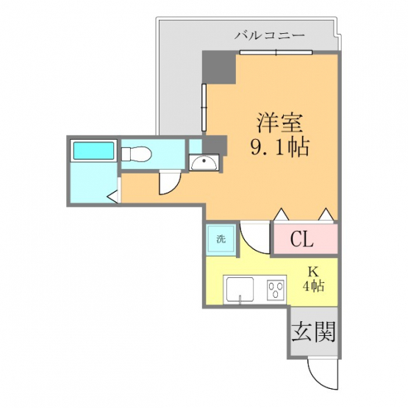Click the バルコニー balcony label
pyautogui.click(x=270, y=35)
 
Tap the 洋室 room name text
pyautogui.click(x=280, y=123)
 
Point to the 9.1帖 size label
pyautogui.click(x=280, y=147)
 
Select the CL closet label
pyautogui.click(x=302, y=239)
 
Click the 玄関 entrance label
pyautogui.click(x=313, y=332)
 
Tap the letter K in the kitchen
pyautogui.click(x=313, y=272)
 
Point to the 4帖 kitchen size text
pyautogui.click(x=313, y=286)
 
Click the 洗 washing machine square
pyautogui.click(x=221, y=239)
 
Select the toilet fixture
pyautogui.click(x=137, y=154)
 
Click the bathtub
pyautogui.click(x=93, y=151)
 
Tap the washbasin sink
pyautogui.click(x=204, y=162)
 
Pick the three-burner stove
pyautogui.click(x=276, y=290)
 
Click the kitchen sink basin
pyautogui.click(x=240, y=289)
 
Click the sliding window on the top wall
pyautogui.click(x=276, y=52)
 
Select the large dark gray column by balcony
pyautogui.click(x=219, y=68)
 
